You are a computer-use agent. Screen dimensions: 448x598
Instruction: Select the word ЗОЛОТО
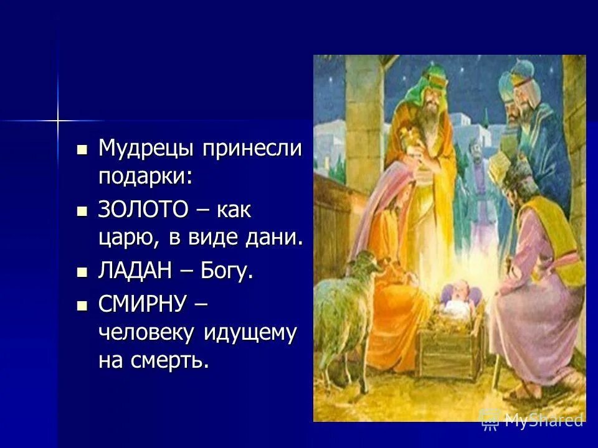(143, 210)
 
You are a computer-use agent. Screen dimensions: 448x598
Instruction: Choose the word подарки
(145, 177)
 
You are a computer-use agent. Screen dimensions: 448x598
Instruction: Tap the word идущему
(249, 333)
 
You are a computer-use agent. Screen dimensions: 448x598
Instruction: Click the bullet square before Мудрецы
(81, 149)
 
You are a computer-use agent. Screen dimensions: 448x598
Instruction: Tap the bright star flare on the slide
(57, 119)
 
